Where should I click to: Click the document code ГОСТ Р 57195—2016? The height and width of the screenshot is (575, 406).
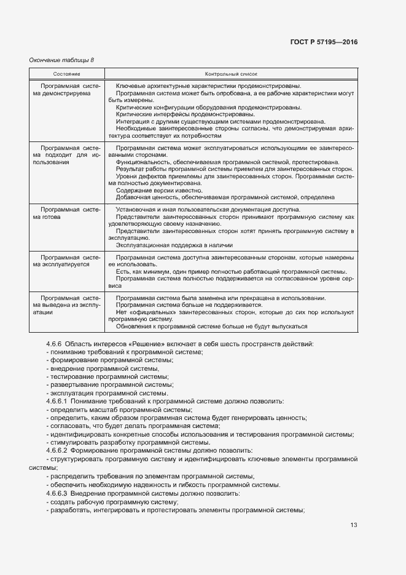[323, 42]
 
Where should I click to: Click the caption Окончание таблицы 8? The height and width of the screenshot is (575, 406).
[62, 60]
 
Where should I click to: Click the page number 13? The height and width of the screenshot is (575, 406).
[353, 525]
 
